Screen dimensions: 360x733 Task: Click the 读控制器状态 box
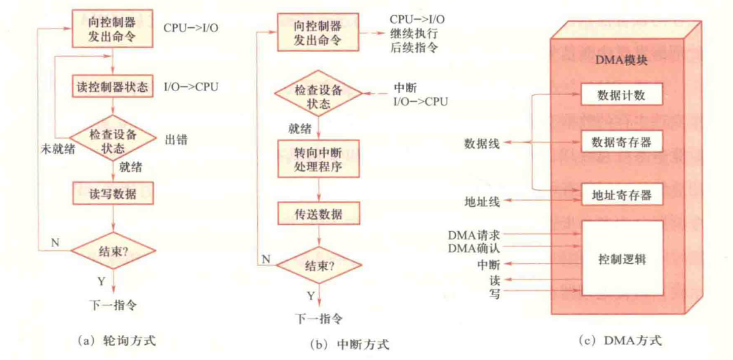[x=114, y=87]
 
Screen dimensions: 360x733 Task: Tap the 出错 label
[x=176, y=139]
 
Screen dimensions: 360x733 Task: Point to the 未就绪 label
[x=57, y=149]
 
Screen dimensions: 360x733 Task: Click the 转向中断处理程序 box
[x=320, y=158]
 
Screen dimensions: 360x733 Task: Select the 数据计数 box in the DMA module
[x=621, y=94]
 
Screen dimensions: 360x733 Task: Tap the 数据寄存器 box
[x=621, y=141]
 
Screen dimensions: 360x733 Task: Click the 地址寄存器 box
[x=621, y=194]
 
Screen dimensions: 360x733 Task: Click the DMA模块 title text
[x=622, y=59]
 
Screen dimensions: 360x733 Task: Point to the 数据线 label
[x=482, y=142]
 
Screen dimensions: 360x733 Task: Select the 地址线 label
[x=482, y=199]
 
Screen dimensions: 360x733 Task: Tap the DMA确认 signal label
[x=473, y=248]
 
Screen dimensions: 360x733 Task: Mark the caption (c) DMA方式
[x=620, y=341]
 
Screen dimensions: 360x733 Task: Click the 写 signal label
[x=494, y=293]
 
